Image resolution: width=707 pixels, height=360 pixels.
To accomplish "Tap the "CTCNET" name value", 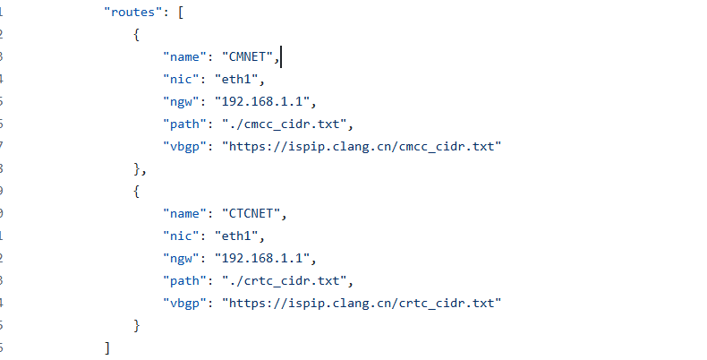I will point(251,213).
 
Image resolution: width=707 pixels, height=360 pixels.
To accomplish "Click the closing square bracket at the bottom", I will point(107,347).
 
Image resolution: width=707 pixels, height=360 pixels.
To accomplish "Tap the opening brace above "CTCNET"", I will point(136,191).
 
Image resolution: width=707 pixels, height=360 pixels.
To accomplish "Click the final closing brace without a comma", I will point(136,324).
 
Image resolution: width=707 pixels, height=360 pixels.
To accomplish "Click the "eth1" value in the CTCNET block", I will point(240,236).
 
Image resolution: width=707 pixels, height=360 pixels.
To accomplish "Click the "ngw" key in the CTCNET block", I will point(182,258).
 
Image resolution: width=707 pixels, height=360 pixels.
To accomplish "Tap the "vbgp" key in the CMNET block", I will point(185,146).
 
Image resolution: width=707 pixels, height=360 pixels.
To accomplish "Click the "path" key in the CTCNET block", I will point(184,280).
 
